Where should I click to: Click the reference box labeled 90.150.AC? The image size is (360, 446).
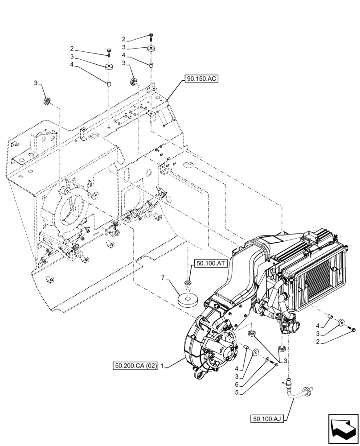click(203, 80)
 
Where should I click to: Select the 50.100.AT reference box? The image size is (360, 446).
click(211, 264)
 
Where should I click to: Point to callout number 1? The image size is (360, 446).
click(163, 366)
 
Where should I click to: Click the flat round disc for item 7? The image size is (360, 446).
click(188, 301)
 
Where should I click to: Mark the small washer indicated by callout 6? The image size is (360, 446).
click(266, 360)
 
